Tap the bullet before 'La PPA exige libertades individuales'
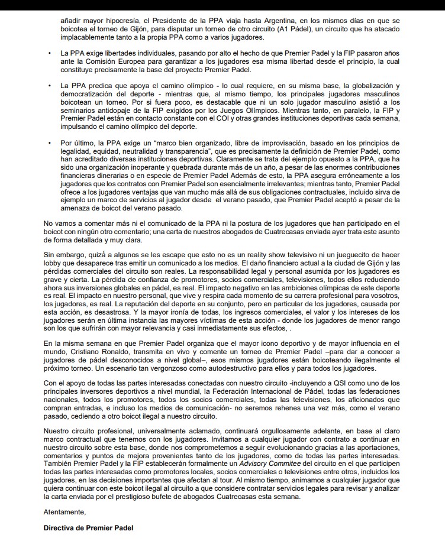[x=49, y=54]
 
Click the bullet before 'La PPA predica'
[x=49, y=86]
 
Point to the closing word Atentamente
[x=65, y=511]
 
